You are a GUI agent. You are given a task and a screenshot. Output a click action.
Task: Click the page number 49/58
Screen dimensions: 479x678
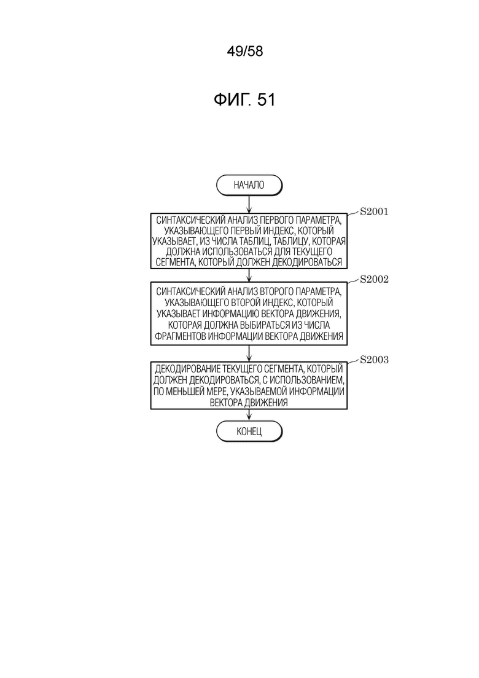tap(244, 52)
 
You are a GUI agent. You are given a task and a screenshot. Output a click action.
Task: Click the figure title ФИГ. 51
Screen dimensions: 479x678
tap(244, 100)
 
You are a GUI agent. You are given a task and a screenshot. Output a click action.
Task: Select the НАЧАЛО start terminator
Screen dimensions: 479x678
tap(249, 185)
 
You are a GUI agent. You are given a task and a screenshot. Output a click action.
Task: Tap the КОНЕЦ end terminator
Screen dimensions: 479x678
tap(249, 431)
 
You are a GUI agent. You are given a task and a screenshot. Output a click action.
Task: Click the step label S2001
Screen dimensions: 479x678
tap(374, 211)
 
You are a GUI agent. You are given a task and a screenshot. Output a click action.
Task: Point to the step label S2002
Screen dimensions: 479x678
tap(374, 279)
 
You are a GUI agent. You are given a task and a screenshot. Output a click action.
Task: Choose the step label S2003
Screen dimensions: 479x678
tap(374, 360)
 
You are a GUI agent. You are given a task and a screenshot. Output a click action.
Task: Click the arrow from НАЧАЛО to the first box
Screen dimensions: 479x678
tap(249, 204)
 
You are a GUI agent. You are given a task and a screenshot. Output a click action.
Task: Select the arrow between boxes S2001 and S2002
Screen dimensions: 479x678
tap(249, 275)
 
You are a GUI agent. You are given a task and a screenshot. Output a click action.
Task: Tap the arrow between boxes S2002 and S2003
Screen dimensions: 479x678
tap(249, 353)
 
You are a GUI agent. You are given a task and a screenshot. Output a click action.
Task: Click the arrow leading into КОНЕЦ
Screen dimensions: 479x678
tap(249, 415)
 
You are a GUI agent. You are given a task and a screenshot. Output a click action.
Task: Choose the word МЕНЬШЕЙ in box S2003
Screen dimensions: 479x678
tap(190, 392)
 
